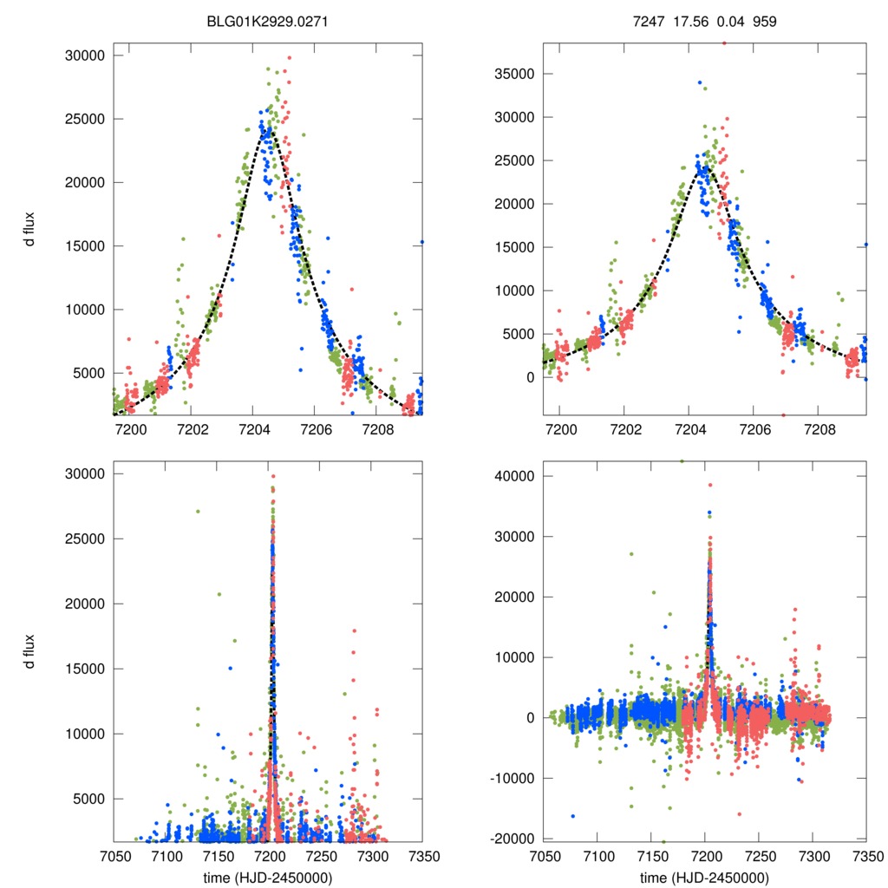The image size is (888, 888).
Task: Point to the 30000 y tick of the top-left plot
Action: coord(85,55)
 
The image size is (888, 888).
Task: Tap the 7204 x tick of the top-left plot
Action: coord(253,428)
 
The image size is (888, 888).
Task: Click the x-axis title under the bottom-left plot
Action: coord(268,877)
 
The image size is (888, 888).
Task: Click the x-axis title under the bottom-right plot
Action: coord(704,877)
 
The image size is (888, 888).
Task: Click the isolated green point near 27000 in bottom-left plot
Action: coord(198,511)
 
